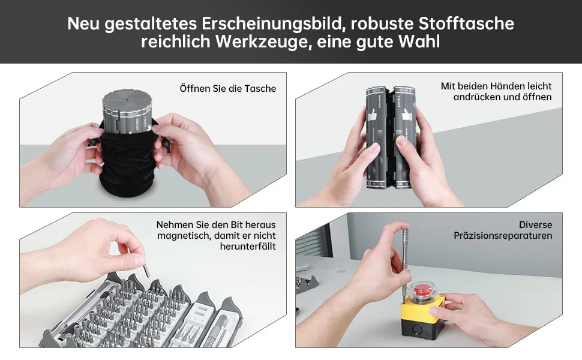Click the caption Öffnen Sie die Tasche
[x=228, y=89]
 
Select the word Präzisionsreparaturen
[x=503, y=235]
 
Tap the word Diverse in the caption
[x=535, y=224]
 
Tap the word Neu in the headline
[x=83, y=23]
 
